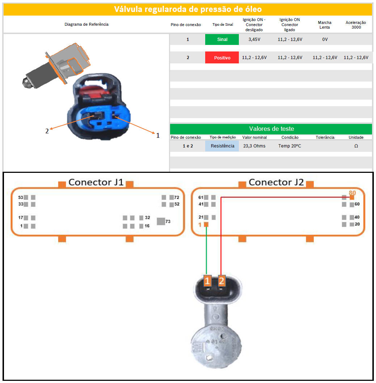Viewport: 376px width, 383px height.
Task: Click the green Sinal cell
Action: pos(222,39)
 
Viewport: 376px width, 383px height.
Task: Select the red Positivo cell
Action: pos(222,58)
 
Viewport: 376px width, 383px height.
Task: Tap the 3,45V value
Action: pos(254,39)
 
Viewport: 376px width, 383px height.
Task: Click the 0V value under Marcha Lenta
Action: pos(325,39)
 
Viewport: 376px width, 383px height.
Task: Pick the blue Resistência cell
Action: pos(222,146)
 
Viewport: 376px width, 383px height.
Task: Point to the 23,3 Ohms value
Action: pos(254,146)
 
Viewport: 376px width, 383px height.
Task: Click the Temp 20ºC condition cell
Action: pos(290,146)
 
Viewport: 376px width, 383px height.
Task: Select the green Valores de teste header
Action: pos(271,129)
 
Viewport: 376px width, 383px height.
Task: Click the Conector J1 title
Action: pos(96,182)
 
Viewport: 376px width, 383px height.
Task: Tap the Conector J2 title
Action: pos(276,182)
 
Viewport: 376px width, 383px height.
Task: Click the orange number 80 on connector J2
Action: pos(352,193)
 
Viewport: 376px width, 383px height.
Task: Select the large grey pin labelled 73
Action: pos(161,221)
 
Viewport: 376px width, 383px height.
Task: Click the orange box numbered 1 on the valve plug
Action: pos(207,281)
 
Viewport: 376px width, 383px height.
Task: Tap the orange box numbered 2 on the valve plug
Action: pos(221,281)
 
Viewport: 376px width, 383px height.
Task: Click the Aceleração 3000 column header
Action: pos(356,25)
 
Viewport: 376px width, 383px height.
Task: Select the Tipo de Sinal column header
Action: pos(223,25)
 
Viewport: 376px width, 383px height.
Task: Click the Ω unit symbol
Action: pos(356,146)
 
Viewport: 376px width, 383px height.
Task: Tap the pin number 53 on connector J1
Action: pos(21,197)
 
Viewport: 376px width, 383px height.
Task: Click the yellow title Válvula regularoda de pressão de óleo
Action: pos(188,9)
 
